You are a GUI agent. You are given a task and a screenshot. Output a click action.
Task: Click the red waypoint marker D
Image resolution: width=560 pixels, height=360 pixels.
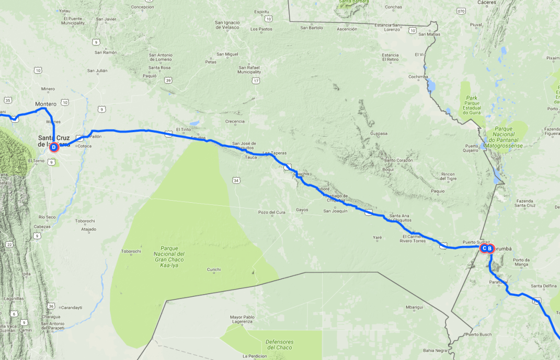(x=54, y=147)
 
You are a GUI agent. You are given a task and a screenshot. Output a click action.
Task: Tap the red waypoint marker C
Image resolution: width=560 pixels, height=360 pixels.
(x=484, y=249)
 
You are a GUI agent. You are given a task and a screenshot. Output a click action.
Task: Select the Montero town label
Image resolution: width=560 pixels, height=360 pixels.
(x=45, y=104)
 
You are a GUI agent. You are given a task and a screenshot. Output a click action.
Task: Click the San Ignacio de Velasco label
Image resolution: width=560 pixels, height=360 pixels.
(x=227, y=25)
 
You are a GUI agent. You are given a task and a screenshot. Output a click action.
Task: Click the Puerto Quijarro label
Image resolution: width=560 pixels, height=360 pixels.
(x=471, y=148)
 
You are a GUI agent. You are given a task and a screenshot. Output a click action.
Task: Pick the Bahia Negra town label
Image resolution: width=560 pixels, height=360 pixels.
(x=435, y=350)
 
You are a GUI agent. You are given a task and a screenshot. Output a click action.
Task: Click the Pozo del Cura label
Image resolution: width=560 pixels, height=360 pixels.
(x=271, y=212)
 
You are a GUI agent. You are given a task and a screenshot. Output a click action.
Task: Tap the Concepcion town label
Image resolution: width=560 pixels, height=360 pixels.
(x=143, y=7)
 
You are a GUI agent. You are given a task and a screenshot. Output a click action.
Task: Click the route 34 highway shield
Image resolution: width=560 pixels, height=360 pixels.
(x=236, y=180)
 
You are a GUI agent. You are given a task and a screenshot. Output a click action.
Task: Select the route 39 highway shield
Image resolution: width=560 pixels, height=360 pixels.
(x=168, y=80)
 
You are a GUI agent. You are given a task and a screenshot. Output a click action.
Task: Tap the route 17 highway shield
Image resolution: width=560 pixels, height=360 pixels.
(x=256, y=80)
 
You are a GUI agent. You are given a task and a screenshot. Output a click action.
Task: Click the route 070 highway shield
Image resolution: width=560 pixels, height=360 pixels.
(x=461, y=10)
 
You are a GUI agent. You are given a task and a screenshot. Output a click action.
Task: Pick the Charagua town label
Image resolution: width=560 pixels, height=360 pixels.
(x=52, y=316)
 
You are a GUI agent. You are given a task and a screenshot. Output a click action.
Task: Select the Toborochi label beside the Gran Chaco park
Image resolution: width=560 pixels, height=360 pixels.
(x=131, y=251)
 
